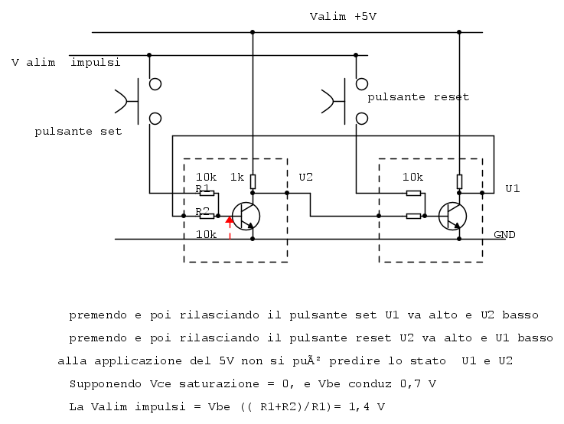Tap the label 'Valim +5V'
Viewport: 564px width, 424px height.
(343, 16)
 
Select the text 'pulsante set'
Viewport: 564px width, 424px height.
(78, 132)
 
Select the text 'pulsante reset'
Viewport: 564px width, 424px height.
(418, 98)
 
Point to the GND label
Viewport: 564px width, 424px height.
(504, 234)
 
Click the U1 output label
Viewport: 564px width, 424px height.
(513, 188)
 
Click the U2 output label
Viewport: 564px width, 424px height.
(306, 177)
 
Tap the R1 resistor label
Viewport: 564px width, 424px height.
(203, 188)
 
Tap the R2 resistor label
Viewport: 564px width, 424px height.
(203, 210)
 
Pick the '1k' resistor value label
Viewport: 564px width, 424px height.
(237, 177)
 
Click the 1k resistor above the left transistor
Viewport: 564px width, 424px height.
(253, 181)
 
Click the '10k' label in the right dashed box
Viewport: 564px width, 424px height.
(413, 177)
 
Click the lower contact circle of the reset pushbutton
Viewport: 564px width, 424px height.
(362, 118)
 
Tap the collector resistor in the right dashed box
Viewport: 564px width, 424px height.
(459, 181)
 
